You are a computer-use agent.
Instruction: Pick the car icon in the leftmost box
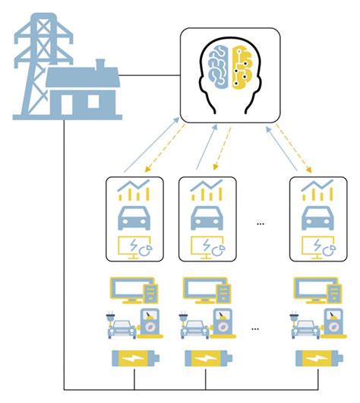[134, 218]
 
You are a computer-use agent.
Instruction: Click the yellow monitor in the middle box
[205, 246]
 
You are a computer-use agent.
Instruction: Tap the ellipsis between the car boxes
[261, 223]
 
